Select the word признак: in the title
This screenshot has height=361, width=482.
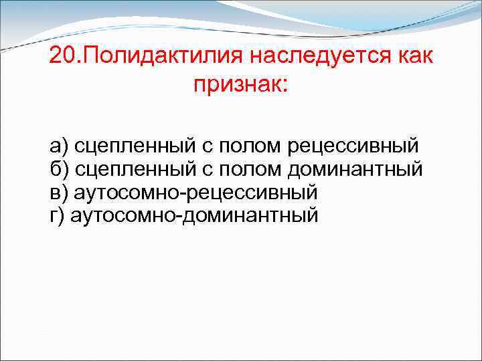click(x=238, y=86)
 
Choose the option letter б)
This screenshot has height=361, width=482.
click(x=58, y=168)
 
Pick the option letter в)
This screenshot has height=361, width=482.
click(x=58, y=193)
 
